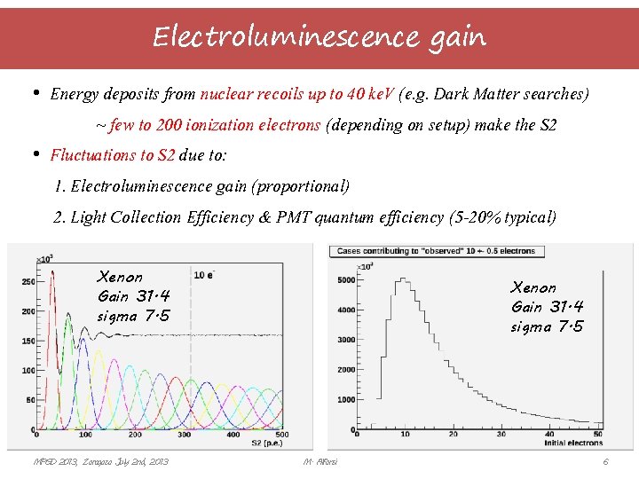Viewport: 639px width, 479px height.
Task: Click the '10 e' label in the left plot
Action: tap(203, 274)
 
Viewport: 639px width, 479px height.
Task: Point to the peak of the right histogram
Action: tap(404, 279)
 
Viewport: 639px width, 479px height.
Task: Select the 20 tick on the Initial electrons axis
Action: tap(453, 434)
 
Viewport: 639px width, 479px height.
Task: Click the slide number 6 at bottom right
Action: tap(605, 462)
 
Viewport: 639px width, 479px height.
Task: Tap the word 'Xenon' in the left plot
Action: tap(120, 277)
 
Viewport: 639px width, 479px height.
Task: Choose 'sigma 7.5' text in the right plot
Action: tap(547, 326)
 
